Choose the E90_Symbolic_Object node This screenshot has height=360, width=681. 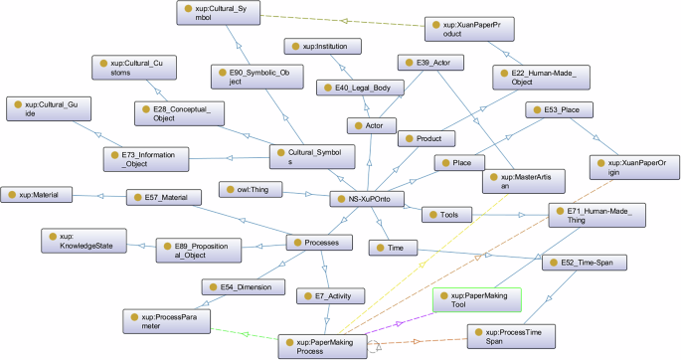point(254,79)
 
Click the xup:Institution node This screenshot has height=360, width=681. point(323,46)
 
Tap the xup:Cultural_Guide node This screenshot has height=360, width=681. point(47,108)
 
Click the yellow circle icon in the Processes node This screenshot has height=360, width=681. point(296,242)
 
